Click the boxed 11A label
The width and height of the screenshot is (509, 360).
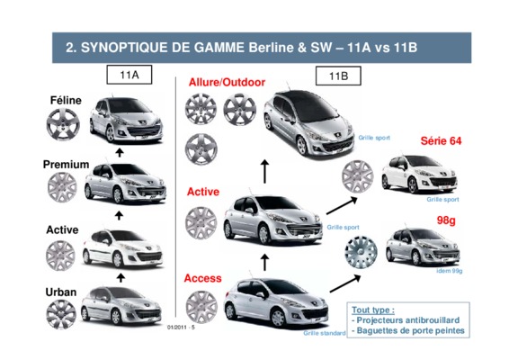tap(129, 75)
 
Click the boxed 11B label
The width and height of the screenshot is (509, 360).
tap(338, 76)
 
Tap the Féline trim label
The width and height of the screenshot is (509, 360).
tap(66, 100)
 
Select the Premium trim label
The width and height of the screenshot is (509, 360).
tap(67, 165)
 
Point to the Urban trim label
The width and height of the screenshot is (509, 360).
tap(61, 292)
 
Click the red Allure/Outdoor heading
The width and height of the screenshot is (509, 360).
tap(227, 82)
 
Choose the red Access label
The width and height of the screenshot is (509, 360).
tap(203, 278)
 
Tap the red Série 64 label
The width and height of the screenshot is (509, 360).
tap(441, 140)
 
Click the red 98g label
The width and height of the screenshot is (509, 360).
tap(446, 220)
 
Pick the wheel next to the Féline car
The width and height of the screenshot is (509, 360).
tap(63, 124)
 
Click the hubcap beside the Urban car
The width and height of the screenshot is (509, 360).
tap(61, 314)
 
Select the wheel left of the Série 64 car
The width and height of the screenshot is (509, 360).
tap(357, 176)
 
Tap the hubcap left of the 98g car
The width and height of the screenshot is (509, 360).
tap(361, 252)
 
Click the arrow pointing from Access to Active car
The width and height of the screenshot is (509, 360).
tap(265, 263)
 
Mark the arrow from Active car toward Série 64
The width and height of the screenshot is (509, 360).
tap(342, 206)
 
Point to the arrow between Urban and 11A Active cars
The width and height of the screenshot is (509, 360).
tap(121, 278)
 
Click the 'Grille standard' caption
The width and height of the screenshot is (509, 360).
tap(325, 333)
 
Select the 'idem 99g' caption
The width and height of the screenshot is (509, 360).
tap(450, 271)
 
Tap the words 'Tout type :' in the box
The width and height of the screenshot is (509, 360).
tap(373, 310)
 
